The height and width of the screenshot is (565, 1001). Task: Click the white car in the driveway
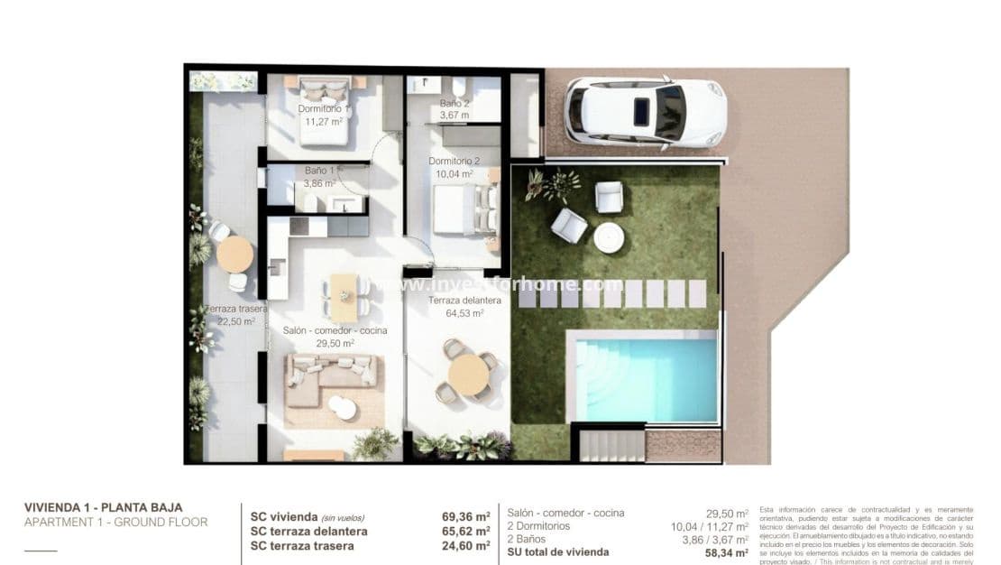point(645,112)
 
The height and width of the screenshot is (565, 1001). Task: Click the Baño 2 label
point(454,104)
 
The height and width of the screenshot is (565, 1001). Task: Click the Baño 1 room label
point(320,170)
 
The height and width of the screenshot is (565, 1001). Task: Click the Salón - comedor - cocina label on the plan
point(335,331)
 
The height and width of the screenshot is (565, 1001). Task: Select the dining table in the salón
point(344,295)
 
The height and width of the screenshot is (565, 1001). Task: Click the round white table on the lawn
point(609,237)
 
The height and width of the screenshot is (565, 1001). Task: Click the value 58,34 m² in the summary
point(726,551)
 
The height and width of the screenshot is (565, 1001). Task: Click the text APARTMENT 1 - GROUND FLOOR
point(115,523)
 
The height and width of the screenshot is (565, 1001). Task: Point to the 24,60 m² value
point(466,545)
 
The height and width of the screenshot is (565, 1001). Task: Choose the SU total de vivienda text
point(558,551)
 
